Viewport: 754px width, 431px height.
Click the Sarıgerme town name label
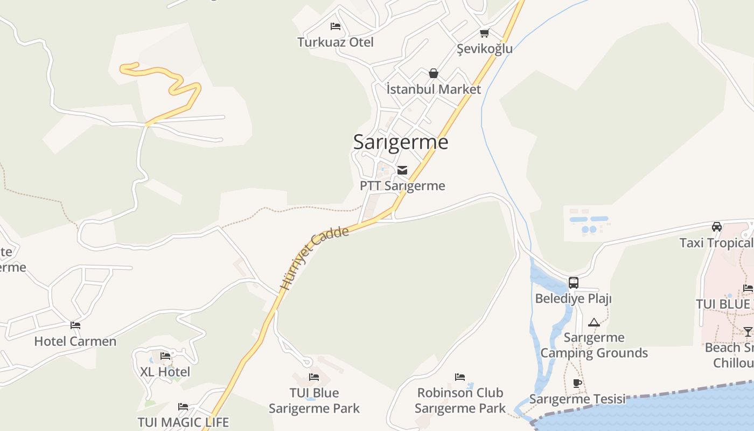pos(401,142)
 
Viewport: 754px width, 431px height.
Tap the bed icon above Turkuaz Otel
pos(336,26)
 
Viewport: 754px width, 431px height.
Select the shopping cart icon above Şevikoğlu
pos(484,33)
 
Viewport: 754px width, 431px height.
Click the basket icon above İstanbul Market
pos(434,73)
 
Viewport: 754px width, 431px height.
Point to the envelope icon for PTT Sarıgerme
pos(402,170)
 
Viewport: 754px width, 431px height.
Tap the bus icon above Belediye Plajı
pos(574,283)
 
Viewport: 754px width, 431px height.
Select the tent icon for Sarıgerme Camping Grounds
pos(594,322)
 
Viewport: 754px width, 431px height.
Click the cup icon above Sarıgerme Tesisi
pos(577,384)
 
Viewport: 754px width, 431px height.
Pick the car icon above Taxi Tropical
pos(716,227)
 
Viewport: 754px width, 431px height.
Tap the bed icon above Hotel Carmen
pos(75,325)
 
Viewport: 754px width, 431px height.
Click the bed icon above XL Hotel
pos(165,356)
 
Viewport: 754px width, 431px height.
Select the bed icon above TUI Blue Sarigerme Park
pos(314,377)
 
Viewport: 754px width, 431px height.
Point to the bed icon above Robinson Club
pos(460,377)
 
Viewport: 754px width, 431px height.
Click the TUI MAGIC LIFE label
pos(183,422)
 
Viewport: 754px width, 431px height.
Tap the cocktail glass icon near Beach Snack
pos(748,331)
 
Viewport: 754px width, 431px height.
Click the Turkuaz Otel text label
pos(336,42)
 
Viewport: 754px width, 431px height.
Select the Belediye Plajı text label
pos(573,298)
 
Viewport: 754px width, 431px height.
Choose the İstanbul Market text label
pos(434,89)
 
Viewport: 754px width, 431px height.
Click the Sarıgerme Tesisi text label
pos(577,399)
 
